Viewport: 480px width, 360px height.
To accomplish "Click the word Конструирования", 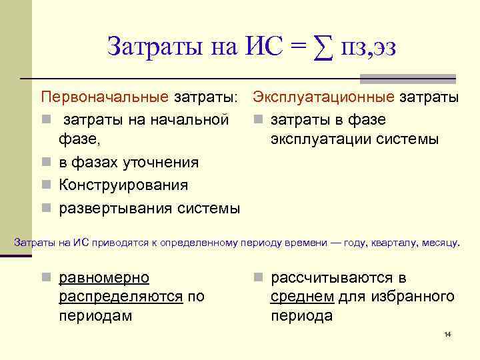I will tap(123, 185).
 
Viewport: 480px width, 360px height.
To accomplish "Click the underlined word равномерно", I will tap(104, 277).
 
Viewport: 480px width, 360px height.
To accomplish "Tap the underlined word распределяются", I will tap(121, 297).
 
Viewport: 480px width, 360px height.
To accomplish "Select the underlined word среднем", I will tap(303, 297).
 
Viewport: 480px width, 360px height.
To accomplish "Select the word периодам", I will tap(95, 316).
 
